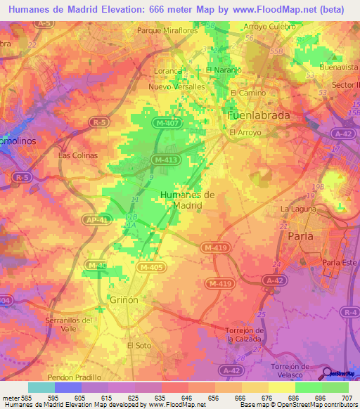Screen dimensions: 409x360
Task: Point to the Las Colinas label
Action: point(78,155)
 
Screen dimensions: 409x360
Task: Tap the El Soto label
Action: point(139,346)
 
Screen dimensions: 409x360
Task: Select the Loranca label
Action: point(169,71)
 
